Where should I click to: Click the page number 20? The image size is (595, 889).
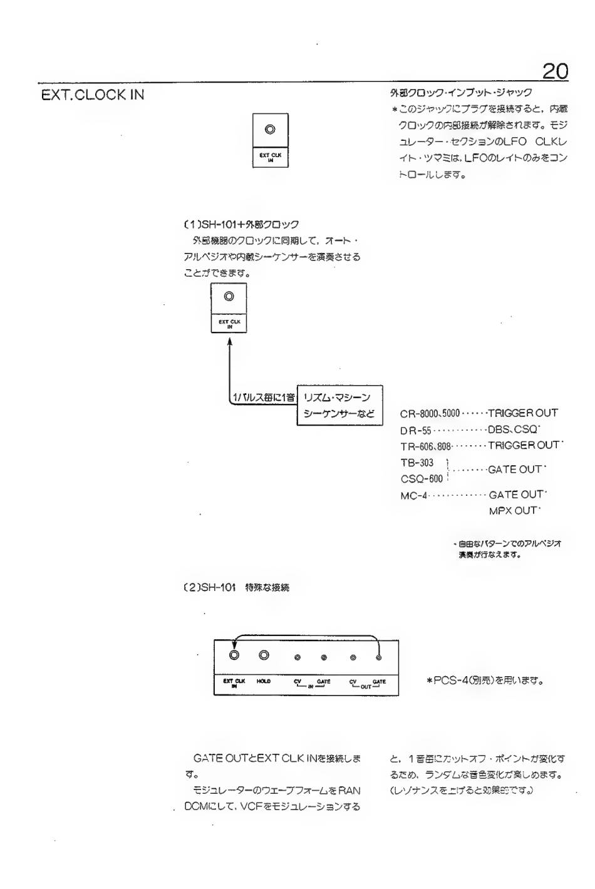coord(555,71)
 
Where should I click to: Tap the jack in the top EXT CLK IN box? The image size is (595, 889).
coord(270,130)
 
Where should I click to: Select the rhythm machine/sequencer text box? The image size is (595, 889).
coord(339,405)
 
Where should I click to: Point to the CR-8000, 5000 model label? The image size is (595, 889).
coord(430,413)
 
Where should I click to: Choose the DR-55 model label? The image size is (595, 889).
coord(416,430)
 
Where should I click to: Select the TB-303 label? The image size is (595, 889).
coord(416,463)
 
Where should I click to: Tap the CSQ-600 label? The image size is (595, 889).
coord(422,479)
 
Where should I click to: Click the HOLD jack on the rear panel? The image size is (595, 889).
coord(264,655)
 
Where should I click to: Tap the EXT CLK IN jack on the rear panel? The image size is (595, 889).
coord(234,655)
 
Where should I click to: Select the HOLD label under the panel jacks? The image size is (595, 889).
coord(264,681)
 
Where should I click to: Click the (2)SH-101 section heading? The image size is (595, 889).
coord(234,588)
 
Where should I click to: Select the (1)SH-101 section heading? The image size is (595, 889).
coord(240,224)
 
